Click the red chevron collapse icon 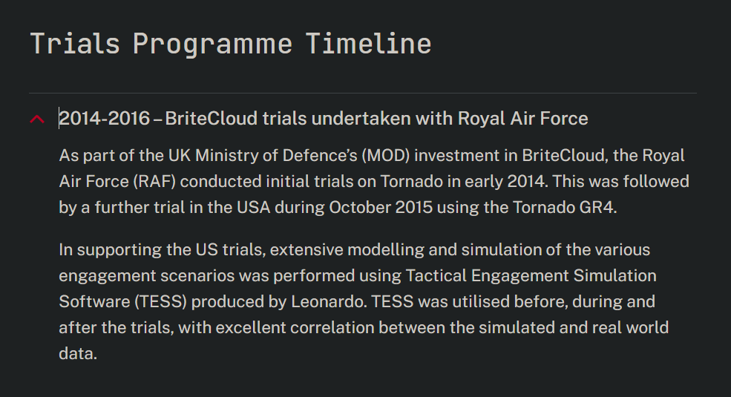[x=37, y=119]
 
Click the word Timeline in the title [x=368, y=44]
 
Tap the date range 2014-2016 [x=105, y=118]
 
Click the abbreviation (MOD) [x=386, y=155]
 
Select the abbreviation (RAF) [x=154, y=181]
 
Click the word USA [x=254, y=207]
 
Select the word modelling [x=386, y=250]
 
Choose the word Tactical [x=436, y=275]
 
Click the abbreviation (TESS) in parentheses [x=161, y=301]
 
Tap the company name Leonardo [x=328, y=301]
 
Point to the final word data [x=78, y=354]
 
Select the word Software [x=95, y=301]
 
